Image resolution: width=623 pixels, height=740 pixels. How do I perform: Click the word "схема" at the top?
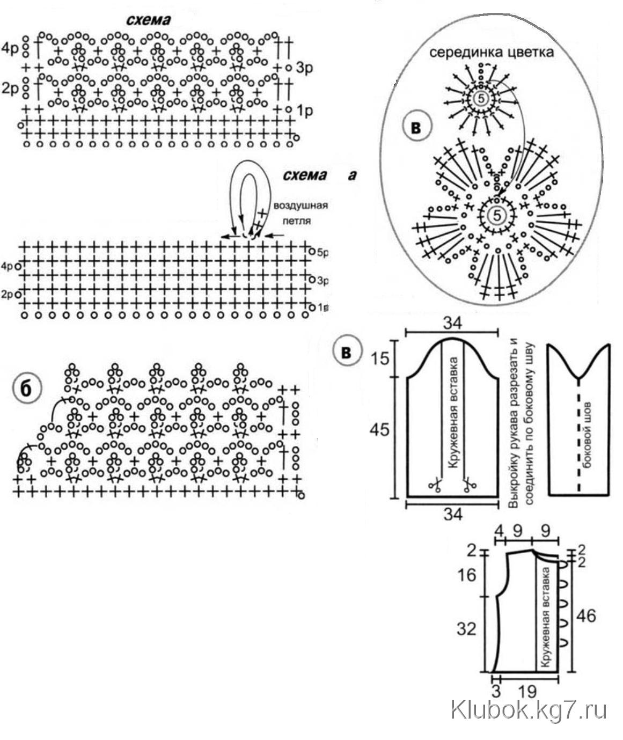[148, 20]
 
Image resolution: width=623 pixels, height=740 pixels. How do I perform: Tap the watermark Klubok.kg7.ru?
[529, 710]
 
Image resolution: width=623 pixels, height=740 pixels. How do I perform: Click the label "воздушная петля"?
[300, 213]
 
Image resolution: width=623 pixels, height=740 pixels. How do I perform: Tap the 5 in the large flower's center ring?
[497, 215]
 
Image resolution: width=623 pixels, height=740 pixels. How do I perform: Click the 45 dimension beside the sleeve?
[379, 430]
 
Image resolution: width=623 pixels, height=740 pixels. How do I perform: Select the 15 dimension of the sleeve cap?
[379, 358]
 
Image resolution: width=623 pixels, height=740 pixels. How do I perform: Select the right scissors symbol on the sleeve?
[470, 485]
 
